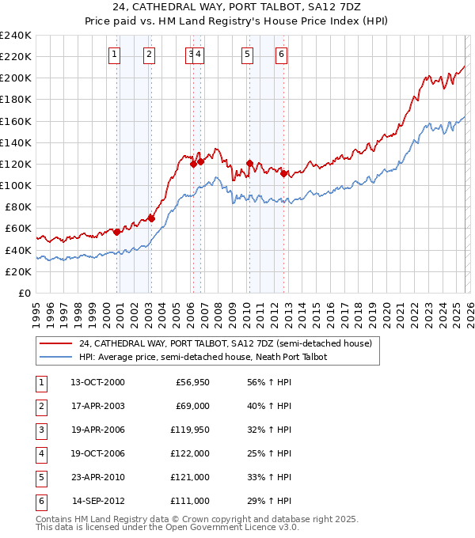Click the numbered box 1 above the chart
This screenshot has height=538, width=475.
(x=115, y=55)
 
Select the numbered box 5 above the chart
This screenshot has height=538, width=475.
(x=248, y=55)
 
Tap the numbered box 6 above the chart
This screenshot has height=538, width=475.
(x=282, y=55)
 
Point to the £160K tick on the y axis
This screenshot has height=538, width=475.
(x=16, y=121)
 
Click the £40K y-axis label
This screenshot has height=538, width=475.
(x=18, y=250)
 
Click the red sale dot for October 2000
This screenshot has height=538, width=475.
(x=117, y=232)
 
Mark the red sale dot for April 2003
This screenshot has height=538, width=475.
(x=152, y=218)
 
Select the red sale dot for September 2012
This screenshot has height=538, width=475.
(x=283, y=173)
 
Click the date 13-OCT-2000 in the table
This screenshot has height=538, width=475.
(x=97, y=382)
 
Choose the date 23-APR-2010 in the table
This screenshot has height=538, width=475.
(x=97, y=477)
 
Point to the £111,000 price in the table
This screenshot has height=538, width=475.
(x=190, y=501)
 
